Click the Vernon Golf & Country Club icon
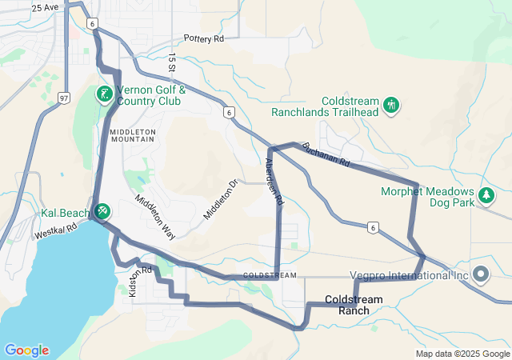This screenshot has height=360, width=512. tap(103, 95)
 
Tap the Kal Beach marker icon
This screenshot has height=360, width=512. tap(102, 212)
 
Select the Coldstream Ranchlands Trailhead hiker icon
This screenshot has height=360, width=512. tap(391, 105)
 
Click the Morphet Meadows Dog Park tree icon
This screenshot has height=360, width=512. tap(486, 195)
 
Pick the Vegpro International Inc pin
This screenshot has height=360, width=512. tap(481, 274)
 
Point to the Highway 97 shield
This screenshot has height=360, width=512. tap(64, 98)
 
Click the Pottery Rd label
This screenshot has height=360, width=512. tap(204, 38)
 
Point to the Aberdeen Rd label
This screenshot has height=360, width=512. tap(274, 182)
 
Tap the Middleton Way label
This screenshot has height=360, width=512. tap(154, 217)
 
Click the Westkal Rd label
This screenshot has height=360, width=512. tap(55, 232)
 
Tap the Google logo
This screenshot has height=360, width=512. tap(26, 350)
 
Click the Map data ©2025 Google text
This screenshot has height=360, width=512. tap(462, 354)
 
